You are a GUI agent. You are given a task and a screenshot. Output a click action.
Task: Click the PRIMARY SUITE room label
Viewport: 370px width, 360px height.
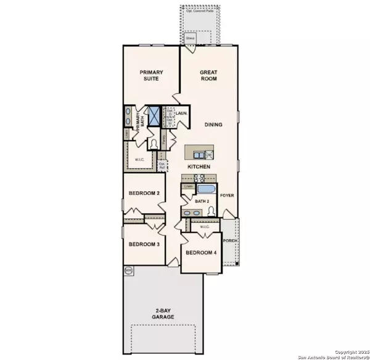147,74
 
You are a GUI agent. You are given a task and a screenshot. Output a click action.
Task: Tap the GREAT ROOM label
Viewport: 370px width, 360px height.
208,76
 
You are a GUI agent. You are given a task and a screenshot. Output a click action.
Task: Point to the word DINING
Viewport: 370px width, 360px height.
213,125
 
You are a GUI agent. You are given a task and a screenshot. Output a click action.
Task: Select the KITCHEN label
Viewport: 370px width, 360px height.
200,167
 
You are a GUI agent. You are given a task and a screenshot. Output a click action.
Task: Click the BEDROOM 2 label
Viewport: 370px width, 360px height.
144,194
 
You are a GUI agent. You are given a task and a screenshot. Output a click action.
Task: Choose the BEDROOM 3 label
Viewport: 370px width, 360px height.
144,244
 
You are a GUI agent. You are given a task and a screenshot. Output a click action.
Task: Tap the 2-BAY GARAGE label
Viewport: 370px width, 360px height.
164,314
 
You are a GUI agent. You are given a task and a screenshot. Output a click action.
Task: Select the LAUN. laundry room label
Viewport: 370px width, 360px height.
181,114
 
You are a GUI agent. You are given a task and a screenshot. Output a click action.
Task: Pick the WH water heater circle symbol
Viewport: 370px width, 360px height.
128,270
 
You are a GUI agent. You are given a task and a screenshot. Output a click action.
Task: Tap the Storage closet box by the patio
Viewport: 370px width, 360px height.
191,38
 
